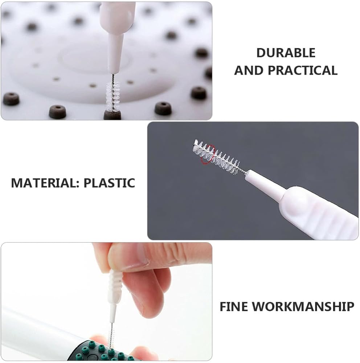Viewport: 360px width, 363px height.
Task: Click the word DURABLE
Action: tap(286, 53)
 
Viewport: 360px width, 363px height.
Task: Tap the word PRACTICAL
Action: tap(303, 70)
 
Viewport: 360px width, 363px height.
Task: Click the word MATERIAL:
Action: tap(45, 183)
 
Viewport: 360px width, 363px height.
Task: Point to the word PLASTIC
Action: tap(109, 183)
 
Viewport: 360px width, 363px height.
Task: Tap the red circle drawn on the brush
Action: tap(208, 155)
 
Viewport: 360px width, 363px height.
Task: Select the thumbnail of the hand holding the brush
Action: tap(106, 301)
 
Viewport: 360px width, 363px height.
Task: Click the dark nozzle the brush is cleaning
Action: tap(112, 115)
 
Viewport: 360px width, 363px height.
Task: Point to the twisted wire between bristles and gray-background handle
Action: tap(243, 172)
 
